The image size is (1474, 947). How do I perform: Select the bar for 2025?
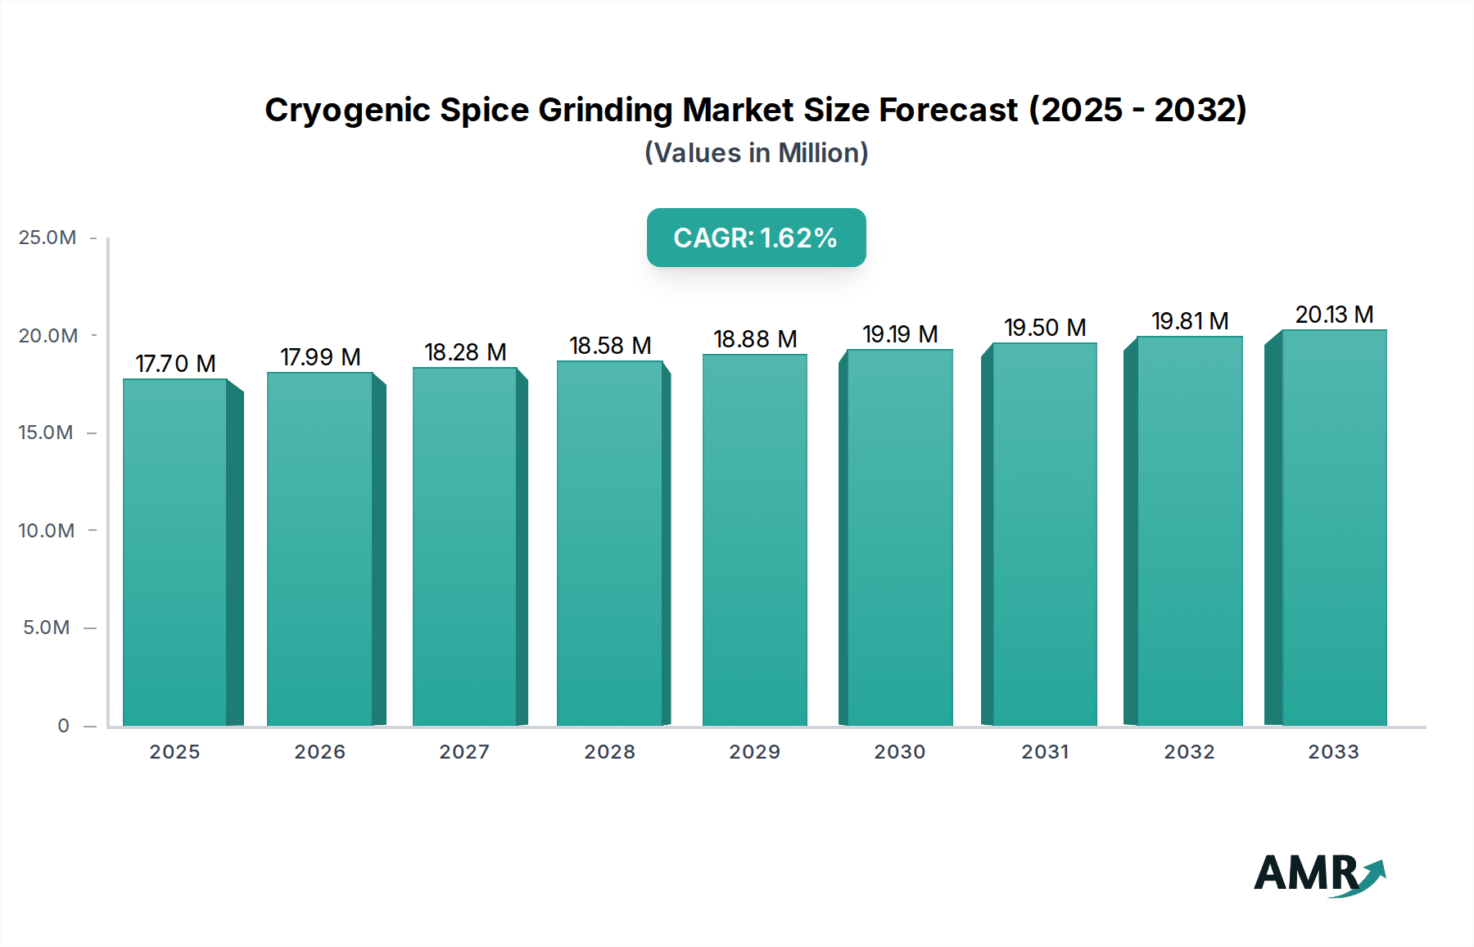[175, 553]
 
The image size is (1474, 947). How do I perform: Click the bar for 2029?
[755, 541]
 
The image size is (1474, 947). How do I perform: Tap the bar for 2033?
[1334, 528]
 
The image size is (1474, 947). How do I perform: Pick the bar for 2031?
[1044, 535]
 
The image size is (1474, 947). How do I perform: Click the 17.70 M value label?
[175, 364]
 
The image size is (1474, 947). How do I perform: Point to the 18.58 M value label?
[610, 346]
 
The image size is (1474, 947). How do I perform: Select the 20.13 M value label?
[1334, 315]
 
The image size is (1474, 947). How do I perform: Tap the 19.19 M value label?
[900, 334]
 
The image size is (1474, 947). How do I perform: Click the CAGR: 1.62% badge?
[756, 238]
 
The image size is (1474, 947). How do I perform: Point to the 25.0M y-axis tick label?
[47, 238]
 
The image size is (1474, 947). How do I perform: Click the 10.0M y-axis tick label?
[47, 531]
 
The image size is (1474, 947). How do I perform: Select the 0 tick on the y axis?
[63, 726]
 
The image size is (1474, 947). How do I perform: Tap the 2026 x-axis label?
[320, 752]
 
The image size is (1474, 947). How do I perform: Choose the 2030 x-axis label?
[900, 752]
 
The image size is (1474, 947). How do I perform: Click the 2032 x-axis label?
[1189, 752]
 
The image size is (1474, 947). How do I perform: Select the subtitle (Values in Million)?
[756, 153]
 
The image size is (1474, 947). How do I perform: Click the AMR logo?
[1318, 874]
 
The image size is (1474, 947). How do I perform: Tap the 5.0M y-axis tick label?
[47, 628]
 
